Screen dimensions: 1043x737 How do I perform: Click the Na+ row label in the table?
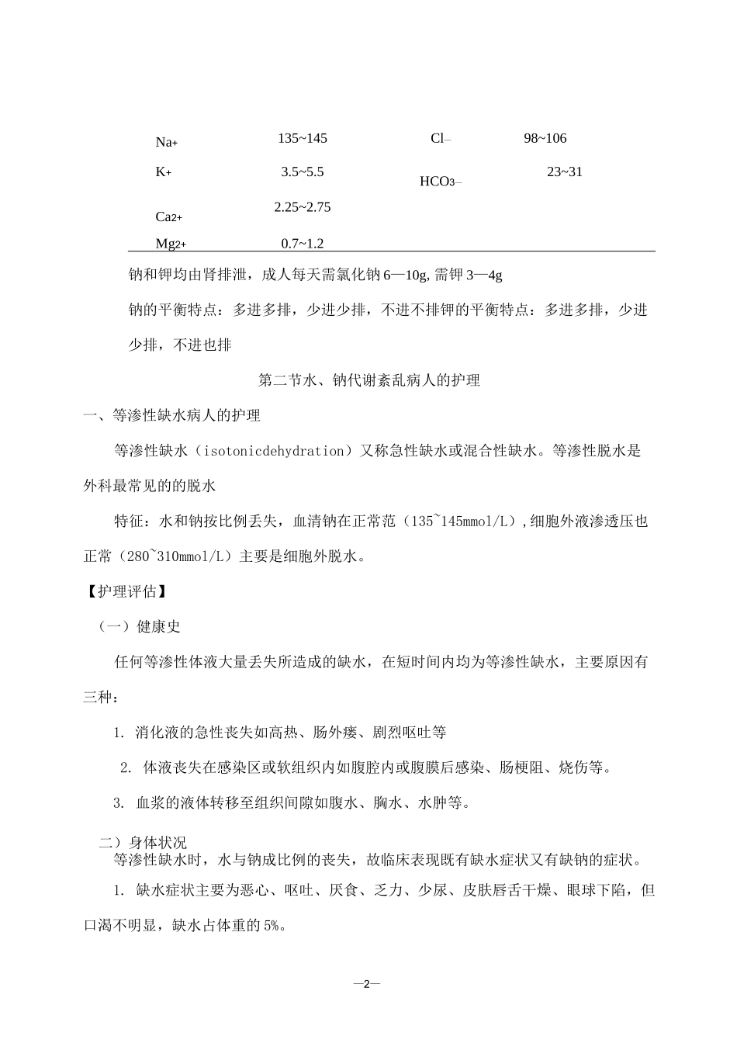click(x=167, y=141)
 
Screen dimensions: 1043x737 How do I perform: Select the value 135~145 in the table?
click(x=303, y=138)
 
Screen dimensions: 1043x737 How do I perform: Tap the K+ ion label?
click(x=164, y=172)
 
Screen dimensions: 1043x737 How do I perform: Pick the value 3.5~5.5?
click(x=303, y=172)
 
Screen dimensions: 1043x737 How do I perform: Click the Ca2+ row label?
click(x=169, y=217)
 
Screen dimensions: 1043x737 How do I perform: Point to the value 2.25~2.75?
click(x=303, y=207)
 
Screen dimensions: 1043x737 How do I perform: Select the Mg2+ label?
click(x=171, y=244)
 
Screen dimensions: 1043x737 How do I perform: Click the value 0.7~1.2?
click(x=303, y=244)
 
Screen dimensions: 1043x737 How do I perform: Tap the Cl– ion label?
click(x=441, y=139)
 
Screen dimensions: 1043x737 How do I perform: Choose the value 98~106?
click(x=545, y=138)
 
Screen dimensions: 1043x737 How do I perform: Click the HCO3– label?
click(x=441, y=182)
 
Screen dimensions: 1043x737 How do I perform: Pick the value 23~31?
click(x=564, y=172)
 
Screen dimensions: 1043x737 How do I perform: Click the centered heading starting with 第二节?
click(x=368, y=380)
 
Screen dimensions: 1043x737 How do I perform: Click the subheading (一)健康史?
click(x=139, y=626)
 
